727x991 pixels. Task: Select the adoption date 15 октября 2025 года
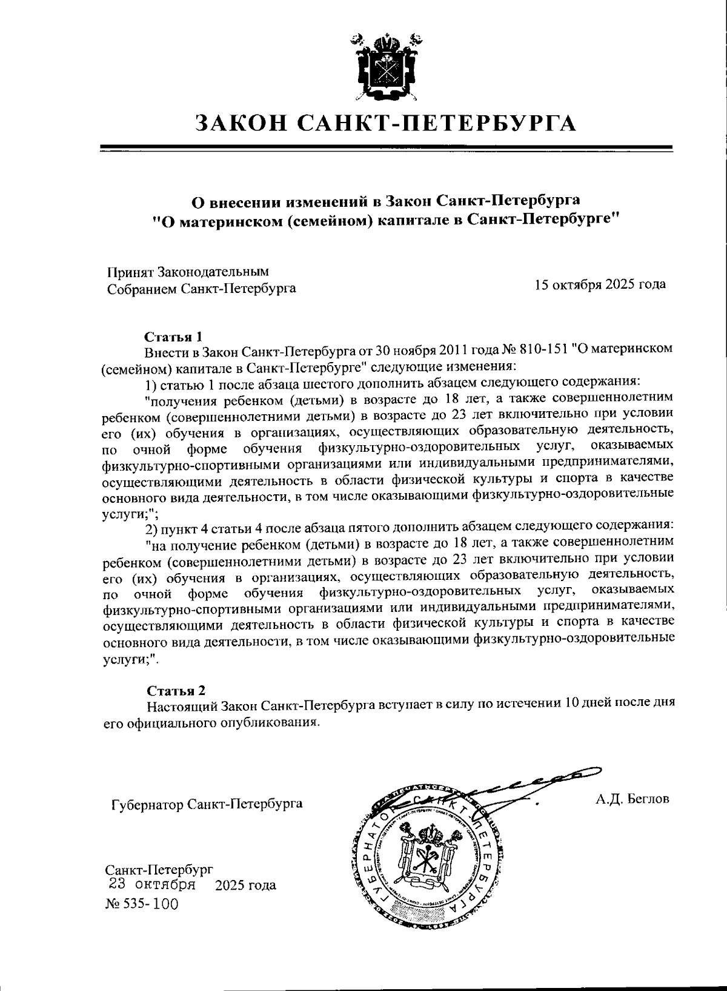coord(600,284)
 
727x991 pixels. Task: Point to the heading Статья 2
coord(177,691)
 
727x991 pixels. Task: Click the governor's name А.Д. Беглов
coord(632,799)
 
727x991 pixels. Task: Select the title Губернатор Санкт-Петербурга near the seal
coord(207,804)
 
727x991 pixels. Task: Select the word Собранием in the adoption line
coord(142,289)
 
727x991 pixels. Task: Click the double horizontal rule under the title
coord(386,148)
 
